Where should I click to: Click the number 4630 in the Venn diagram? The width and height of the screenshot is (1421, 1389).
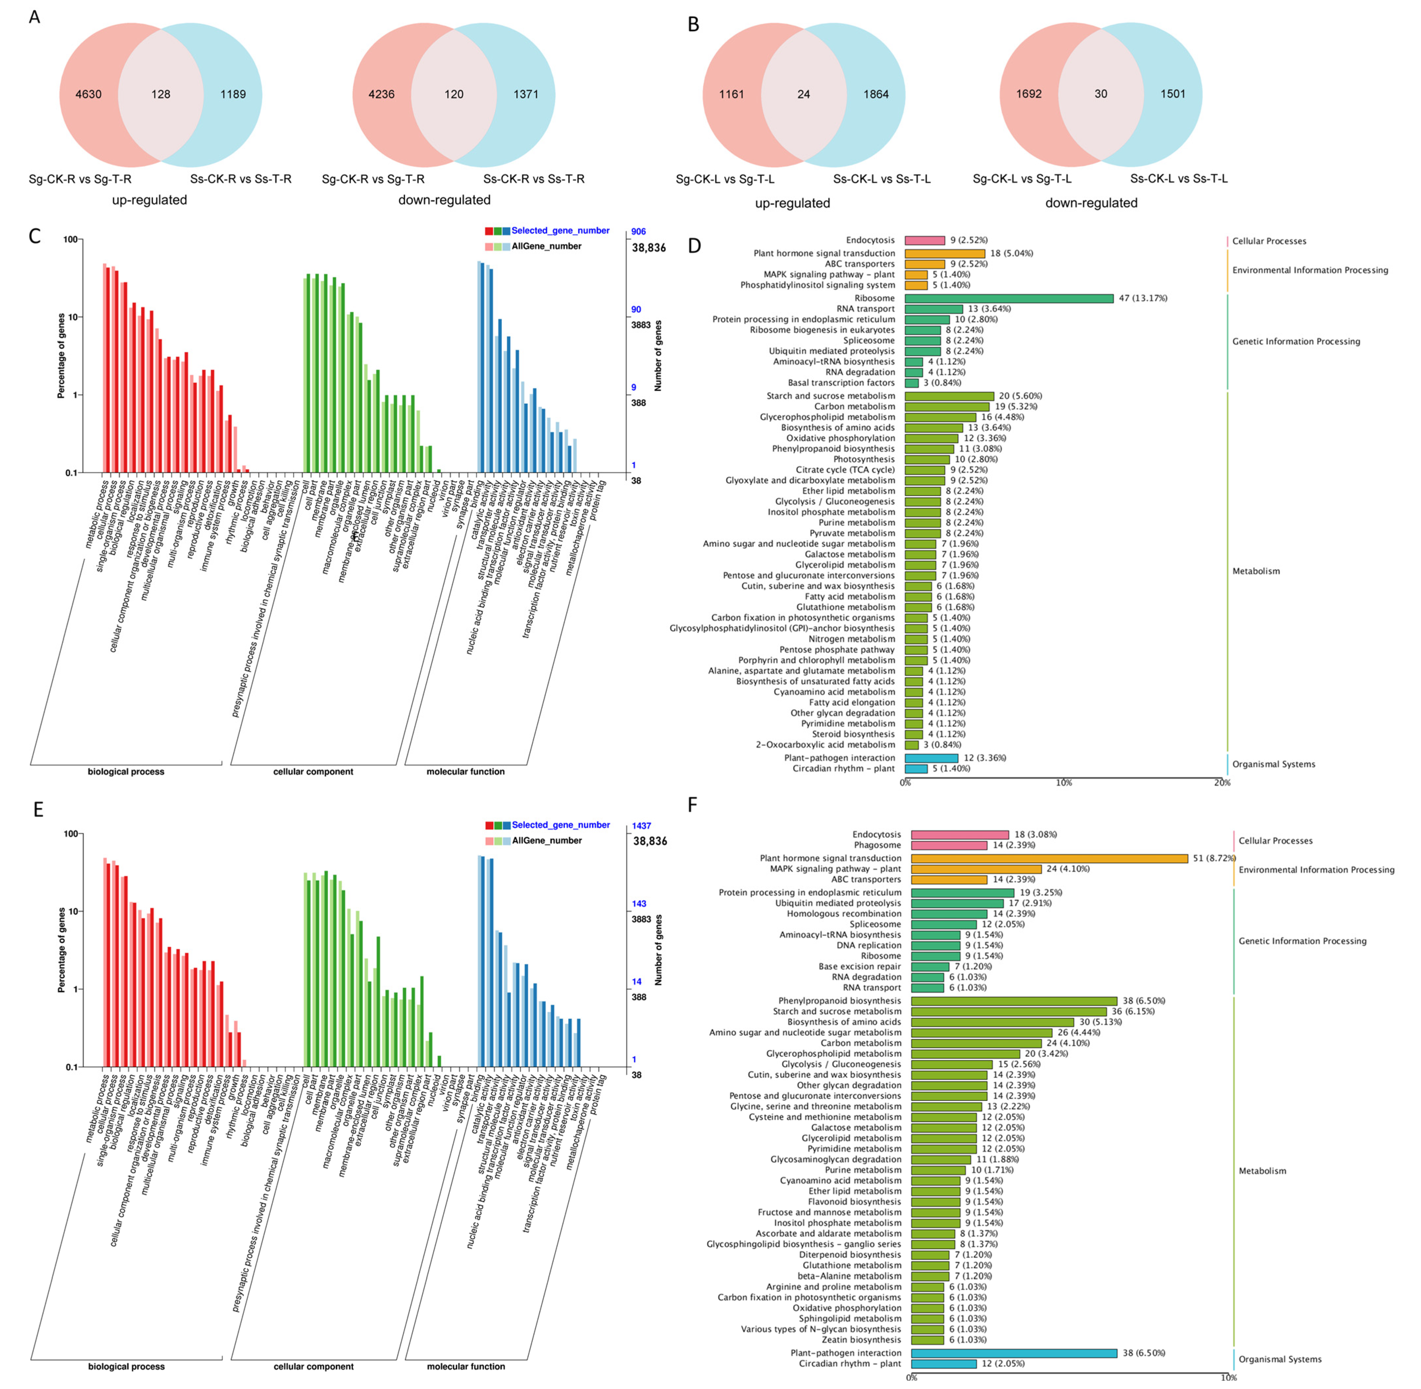click(x=88, y=94)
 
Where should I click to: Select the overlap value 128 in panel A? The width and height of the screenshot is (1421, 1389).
click(x=161, y=94)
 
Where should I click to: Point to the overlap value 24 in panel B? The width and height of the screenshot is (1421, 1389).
click(x=803, y=94)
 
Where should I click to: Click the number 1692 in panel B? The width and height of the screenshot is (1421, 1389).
click(x=1028, y=94)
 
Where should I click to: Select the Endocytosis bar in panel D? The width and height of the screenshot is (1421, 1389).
click(x=924, y=240)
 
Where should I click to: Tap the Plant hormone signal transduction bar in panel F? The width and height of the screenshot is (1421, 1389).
click(x=1049, y=859)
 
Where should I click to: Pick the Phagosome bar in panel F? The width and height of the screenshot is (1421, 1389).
click(x=948, y=846)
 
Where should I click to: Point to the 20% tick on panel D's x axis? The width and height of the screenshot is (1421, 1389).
click(x=1222, y=783)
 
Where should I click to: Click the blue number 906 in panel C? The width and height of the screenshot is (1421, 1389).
click(x=638, y=231)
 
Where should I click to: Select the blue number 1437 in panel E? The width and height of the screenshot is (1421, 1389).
click(x=641, y=826)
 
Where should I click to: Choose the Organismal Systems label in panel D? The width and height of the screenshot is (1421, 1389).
click(x=1274, y=765)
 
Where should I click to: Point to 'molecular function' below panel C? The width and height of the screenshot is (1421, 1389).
click(x=466, y=772)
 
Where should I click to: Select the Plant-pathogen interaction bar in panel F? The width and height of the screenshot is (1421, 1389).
click(x=1013, y=1353)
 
